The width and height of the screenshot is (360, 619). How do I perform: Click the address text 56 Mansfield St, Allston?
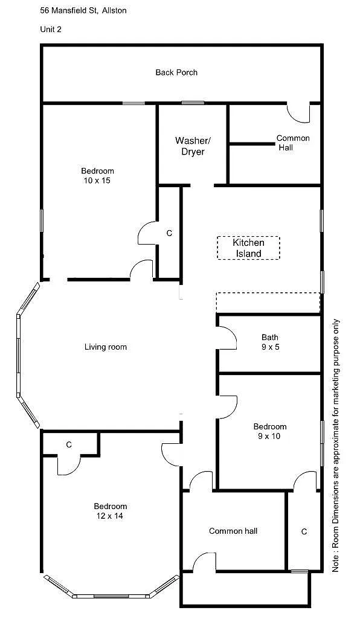click(x=83, y=10)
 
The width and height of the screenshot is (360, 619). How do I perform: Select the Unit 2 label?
click(x=51, y=28)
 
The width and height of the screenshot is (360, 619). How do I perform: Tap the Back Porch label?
click(x=176, y=72)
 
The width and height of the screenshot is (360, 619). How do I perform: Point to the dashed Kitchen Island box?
click(x=248, y=248)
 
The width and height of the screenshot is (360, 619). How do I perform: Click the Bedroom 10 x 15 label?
click(x=97, y=176)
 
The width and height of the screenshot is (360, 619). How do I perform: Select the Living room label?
click(x=105, y=347)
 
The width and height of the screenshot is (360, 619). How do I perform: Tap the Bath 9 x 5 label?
click(x=269, y=342)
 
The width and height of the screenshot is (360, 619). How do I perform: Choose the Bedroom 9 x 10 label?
click(x=269, y=431)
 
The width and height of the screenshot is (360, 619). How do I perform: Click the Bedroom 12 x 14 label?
click(x=110, y=511)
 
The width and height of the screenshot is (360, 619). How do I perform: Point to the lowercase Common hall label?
click(x=233, y=531)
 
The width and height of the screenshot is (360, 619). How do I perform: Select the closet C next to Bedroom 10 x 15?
click(x=169, y=233)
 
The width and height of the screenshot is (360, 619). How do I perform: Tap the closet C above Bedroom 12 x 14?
click(x=69, y=444)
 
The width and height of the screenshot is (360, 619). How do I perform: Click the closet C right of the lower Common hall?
click(x=304, y=531)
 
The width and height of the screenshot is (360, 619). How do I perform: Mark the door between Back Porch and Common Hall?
click(x=298, y=112)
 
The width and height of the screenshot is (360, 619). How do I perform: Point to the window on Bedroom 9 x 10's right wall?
click(x=321, y=443)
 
